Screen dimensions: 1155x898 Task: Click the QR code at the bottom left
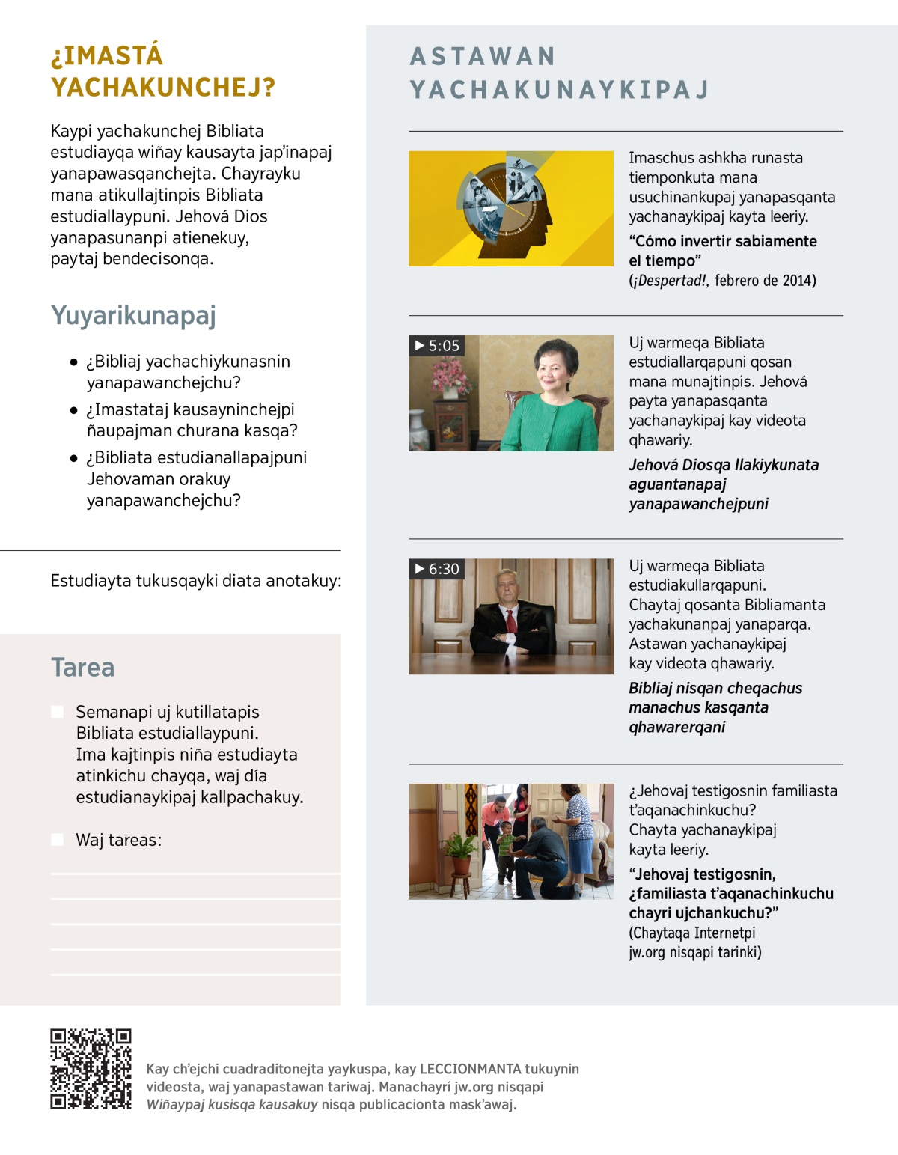[x=91, y=1069]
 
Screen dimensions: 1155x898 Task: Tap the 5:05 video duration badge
[x=437, y=346]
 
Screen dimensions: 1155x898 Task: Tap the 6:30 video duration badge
[x=437, y=569]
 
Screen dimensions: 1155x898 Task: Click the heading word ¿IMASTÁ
[x=106, y=56]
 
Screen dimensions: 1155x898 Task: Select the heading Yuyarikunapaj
[x=133, y=315]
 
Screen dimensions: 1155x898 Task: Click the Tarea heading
[x=82, y=667]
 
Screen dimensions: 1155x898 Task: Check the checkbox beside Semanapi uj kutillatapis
[x=58, y=712]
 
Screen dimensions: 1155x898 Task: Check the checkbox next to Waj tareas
[x=58, y=840]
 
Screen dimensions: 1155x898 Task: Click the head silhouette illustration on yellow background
[x=509, y=208]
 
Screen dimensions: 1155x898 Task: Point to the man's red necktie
[x=511, y=621]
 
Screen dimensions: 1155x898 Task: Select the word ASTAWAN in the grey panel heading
[x=483, y=57]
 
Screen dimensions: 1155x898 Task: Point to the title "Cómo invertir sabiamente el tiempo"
[x=721, y=251]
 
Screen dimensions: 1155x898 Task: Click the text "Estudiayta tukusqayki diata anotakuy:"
[x=196, y=581]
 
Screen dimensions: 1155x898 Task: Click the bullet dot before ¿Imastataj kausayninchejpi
[x=73, y=410]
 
